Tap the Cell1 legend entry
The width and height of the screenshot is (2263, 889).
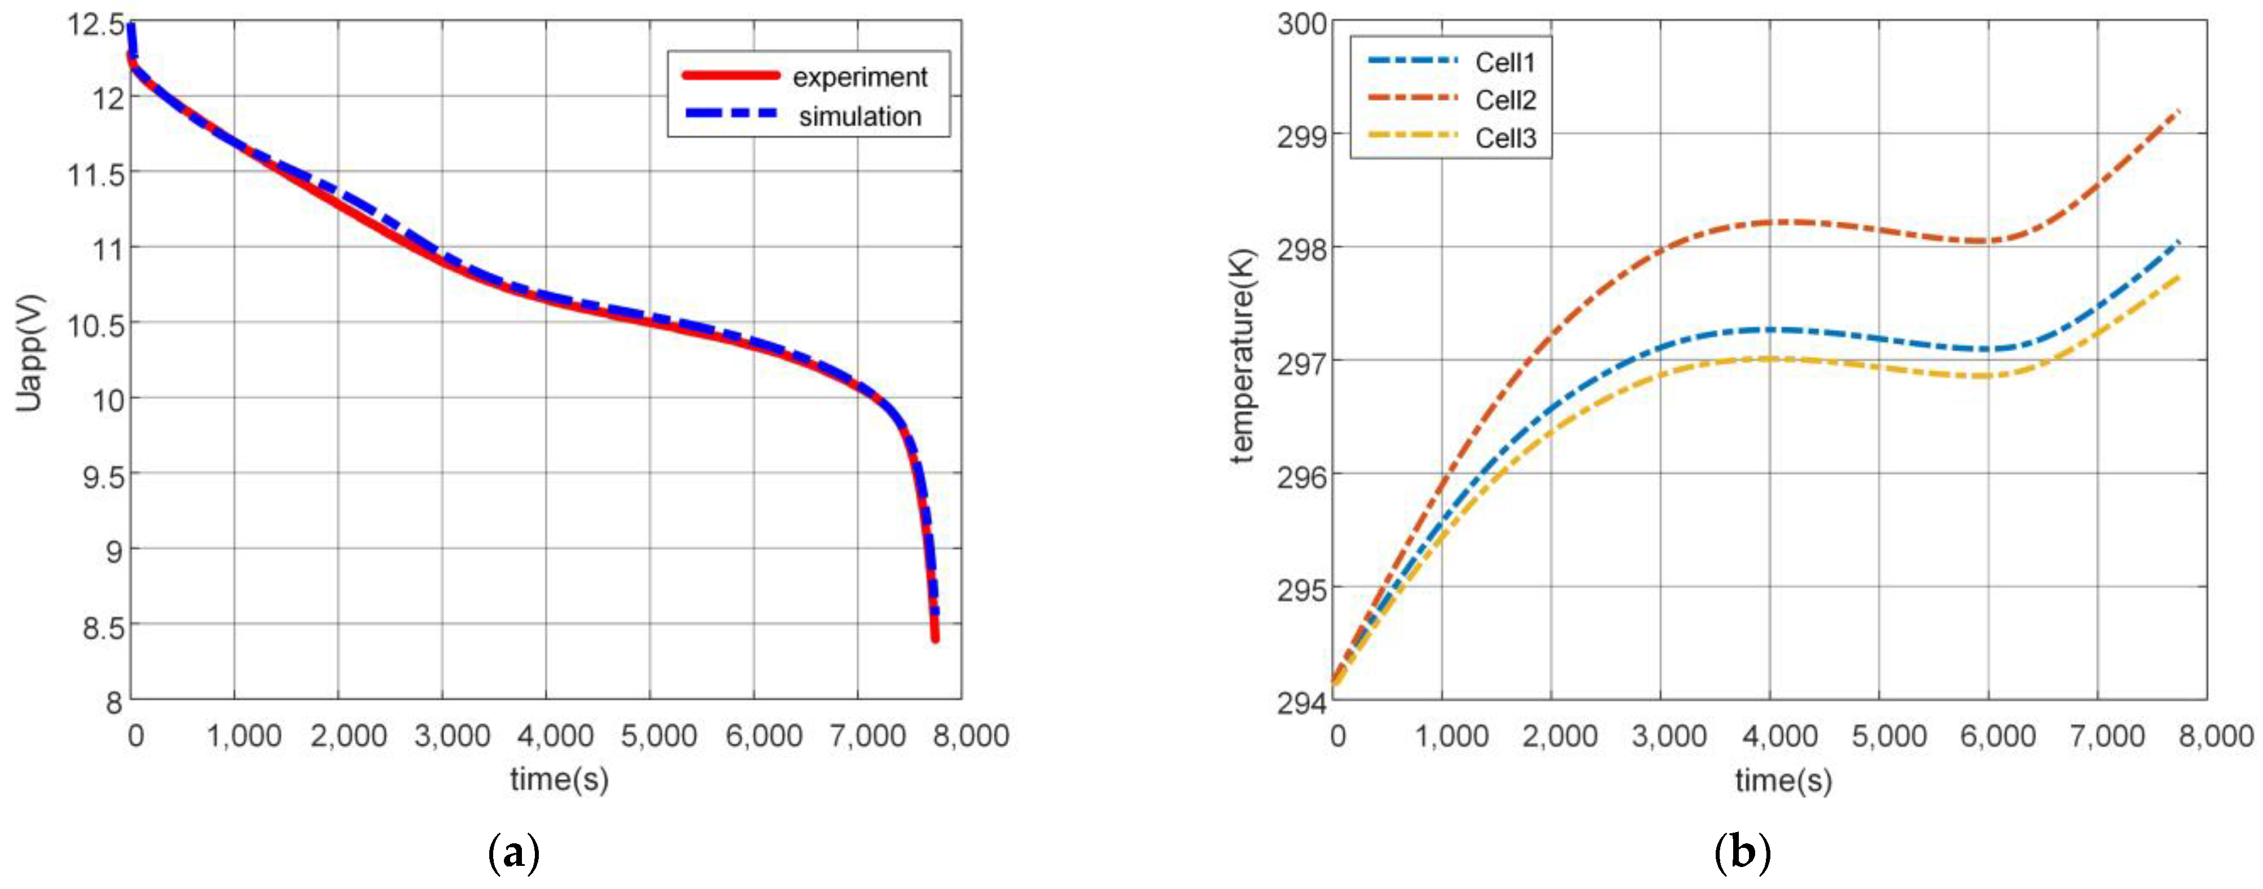pyautogui.click(x=1505, y=63)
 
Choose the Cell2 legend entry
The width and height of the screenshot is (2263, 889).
pyautogui.click(x=1505, y=100)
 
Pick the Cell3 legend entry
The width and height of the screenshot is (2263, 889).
pyautogui.click(x=1505, y=139)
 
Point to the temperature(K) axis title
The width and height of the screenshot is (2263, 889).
pyautogui.click(x=1242, y=355)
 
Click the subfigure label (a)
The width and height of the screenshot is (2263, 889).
pyautogui.click(x=512, y=853)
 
